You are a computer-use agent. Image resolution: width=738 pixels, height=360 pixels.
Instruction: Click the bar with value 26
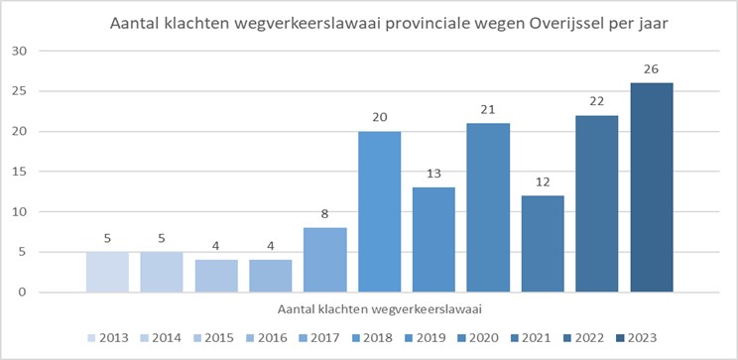pos(651,187)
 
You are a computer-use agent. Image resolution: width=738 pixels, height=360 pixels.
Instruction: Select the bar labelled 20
pos(379,211)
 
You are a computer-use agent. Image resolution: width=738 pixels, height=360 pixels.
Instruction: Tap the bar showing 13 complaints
pos(433,240)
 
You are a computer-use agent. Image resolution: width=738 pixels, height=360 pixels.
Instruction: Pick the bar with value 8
pos(324,260)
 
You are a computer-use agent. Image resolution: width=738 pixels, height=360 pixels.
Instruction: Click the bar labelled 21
pos(488,207)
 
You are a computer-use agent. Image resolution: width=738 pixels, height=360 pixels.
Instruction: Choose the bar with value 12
pos(542,244)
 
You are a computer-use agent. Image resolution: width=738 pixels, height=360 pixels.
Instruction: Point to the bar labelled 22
pos(596,203)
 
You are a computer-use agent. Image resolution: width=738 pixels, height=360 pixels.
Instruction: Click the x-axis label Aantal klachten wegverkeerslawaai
pos(378,309)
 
